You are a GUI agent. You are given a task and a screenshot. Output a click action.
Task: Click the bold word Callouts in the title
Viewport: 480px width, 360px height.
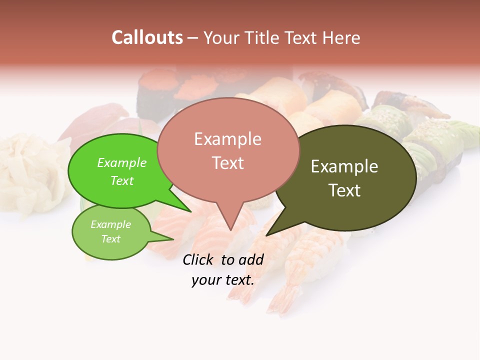[147, 37]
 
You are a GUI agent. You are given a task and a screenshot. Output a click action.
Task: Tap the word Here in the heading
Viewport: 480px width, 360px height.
[340, 37]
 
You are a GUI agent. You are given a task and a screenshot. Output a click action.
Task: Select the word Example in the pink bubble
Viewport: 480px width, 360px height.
[227, 139]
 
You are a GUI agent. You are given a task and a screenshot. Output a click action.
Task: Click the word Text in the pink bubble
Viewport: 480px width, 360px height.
[227, 162]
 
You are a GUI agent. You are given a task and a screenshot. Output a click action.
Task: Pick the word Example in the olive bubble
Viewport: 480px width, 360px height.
[344, 166]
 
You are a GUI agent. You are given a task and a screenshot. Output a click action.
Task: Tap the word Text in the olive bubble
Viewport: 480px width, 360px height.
[344, 190]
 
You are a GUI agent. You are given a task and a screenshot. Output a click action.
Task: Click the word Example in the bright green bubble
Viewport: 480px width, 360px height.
[121, 162]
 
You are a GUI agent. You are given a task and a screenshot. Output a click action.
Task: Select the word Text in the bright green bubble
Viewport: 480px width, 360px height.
[121, 180]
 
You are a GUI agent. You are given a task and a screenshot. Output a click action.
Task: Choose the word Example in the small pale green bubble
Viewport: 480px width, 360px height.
[110, 224]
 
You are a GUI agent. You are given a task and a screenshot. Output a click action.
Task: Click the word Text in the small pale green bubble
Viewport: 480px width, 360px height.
[110, 239]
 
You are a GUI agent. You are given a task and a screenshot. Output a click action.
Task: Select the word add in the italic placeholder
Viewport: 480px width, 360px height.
[250, 259]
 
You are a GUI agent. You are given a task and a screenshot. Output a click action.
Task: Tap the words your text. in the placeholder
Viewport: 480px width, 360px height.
[222, 280]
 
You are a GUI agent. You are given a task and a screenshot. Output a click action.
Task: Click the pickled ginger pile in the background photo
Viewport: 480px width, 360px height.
[27, 170]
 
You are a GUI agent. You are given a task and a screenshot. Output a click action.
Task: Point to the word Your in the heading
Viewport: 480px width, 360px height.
[222, 37]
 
